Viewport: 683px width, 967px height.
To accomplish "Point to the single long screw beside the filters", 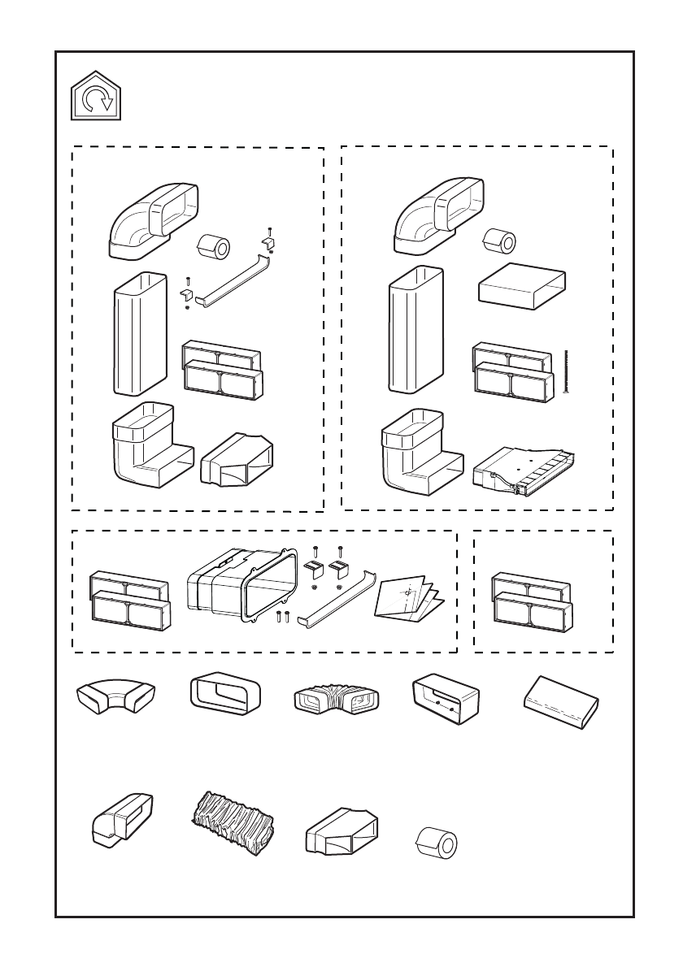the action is [x=564, y=372].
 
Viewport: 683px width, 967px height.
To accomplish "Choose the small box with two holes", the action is [x=446, y=696].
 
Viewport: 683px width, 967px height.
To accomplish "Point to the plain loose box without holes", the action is [x=561, y=698].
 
